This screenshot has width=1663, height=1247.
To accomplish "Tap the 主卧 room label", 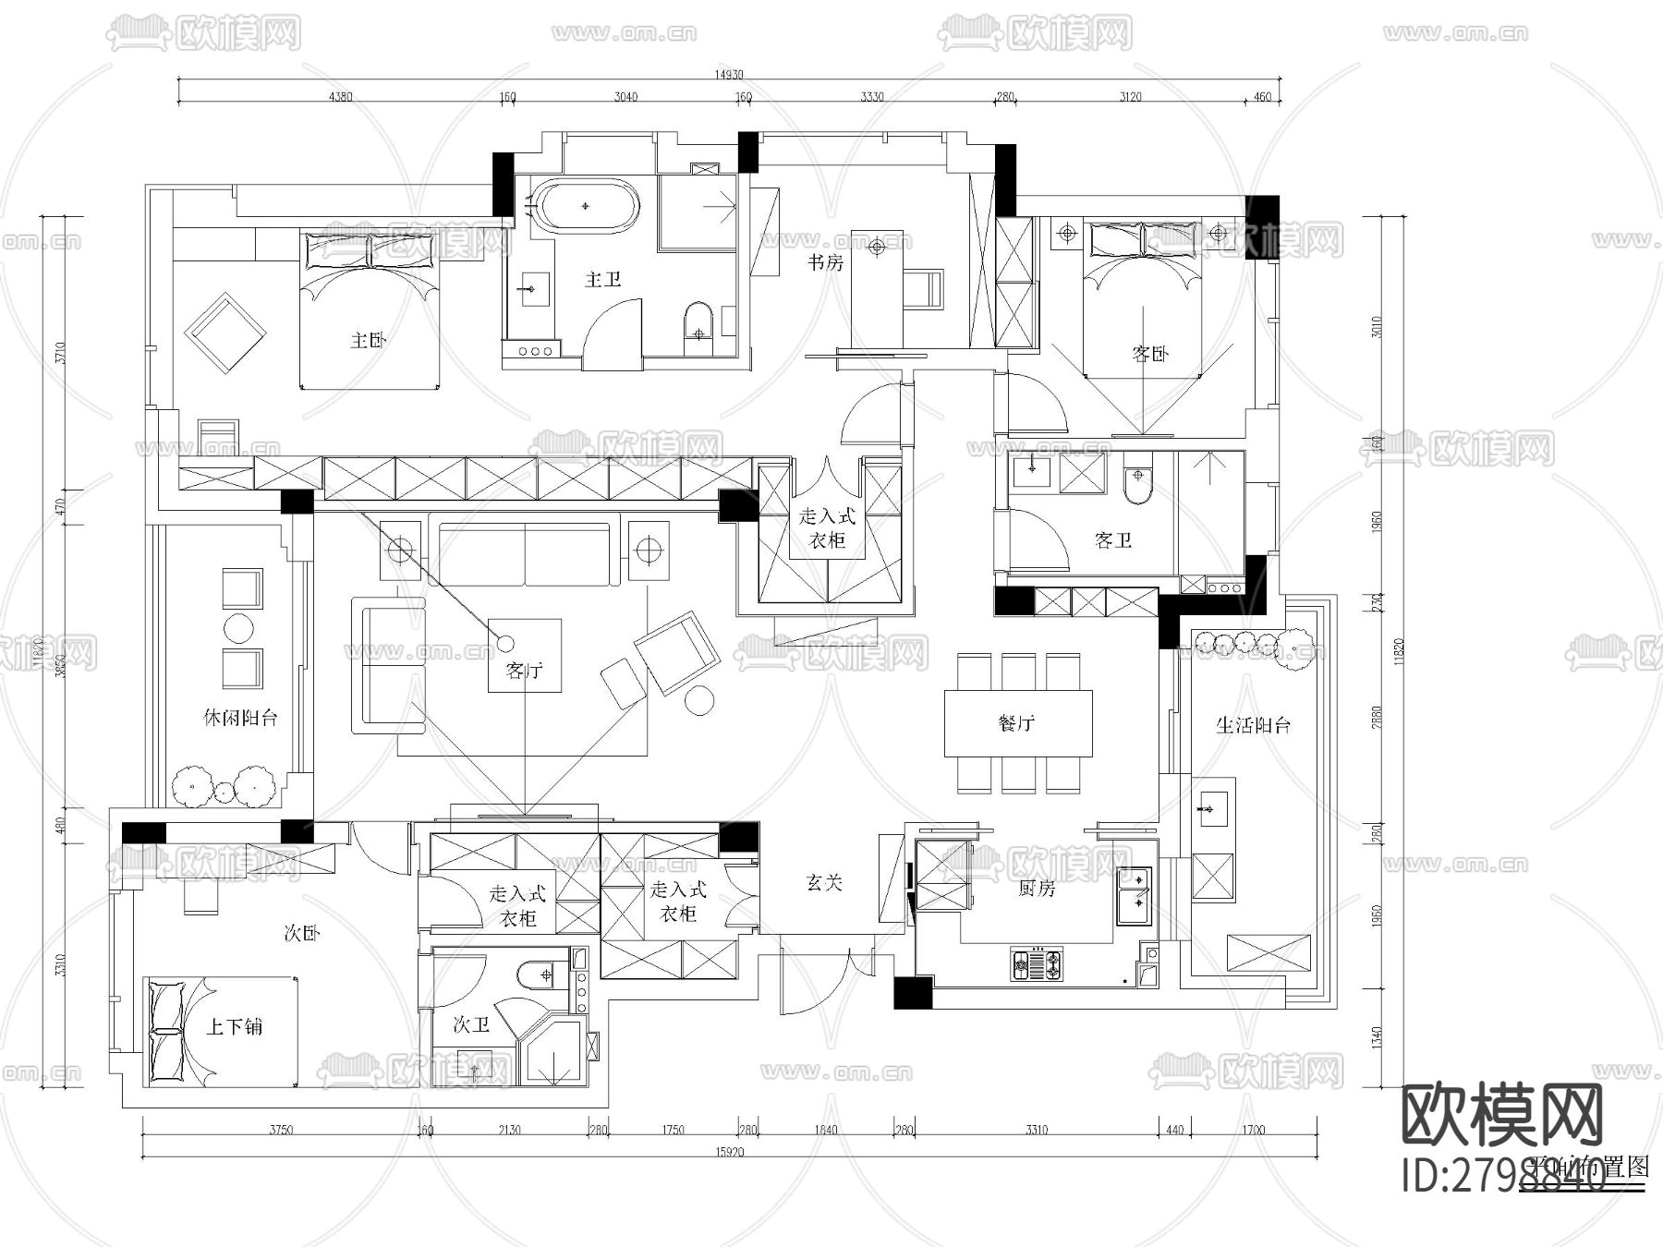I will [x=368, y=341].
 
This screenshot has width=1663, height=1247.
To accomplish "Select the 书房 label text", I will [x=825, y=263].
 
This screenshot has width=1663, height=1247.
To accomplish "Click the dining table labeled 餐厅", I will [x=1018, y=723].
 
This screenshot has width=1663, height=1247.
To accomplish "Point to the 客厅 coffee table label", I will [x=524, y=671].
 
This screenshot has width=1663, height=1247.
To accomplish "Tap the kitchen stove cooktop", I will [x=1038, y=964].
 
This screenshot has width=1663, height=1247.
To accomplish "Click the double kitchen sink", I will [x=1135, y=895].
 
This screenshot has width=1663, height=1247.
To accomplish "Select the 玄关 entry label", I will [x=824, y=883].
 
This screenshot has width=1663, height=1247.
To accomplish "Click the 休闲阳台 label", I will [x=240, y=718].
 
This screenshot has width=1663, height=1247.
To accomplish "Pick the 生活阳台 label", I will [x=1253, y=725].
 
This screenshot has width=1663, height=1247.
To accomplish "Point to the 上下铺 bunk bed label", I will [x=234, y=1026].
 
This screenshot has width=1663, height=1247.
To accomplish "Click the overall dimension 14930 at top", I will [x=727, y=75].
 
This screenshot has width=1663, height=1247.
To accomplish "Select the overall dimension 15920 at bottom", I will [x=729, y=1152].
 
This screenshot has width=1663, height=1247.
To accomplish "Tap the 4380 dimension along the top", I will [x=340, y=97].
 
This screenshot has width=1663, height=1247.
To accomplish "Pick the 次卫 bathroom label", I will [x=470, y=1025].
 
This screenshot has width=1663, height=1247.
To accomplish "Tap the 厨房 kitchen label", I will [x=1037, y=889].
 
